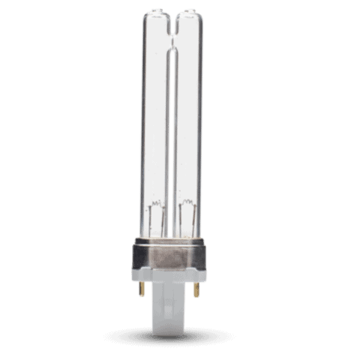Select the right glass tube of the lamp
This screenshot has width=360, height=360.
[x=189, y=120]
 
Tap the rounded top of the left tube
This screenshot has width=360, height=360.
[x=156, y=14]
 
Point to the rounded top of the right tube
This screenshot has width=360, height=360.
[x=187, y=14]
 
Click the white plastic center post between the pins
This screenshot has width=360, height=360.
[x=171, y=307]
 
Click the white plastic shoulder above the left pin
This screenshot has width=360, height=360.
[x=149, y=277]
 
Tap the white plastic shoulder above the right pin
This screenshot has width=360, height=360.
[x=193, y=277]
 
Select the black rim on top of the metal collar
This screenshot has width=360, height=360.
[x=171, y=242]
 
